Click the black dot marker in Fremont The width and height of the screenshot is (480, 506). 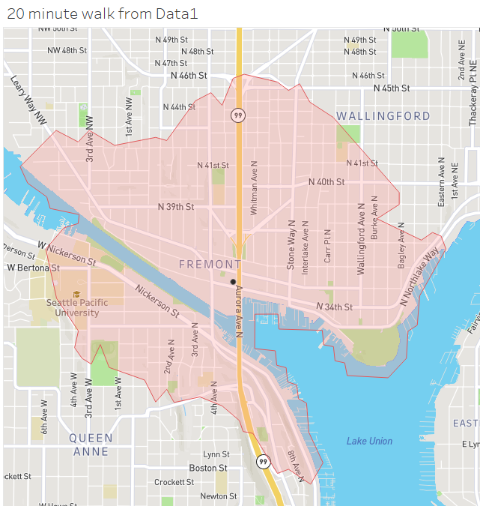[233, 282]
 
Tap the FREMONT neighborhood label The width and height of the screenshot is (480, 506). [210, 264]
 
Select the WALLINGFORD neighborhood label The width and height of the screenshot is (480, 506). [383, 116]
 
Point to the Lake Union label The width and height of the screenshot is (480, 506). [368, 441]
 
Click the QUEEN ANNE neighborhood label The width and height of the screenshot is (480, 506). [91, 445]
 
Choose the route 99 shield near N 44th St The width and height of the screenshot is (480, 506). [237, 115]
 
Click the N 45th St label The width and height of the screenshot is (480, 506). [392, 88]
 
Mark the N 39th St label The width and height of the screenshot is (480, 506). [176, 206]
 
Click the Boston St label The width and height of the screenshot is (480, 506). [207, 468]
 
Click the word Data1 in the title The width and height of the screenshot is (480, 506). [182, 13]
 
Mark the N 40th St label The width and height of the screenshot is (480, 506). [326, 182]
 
